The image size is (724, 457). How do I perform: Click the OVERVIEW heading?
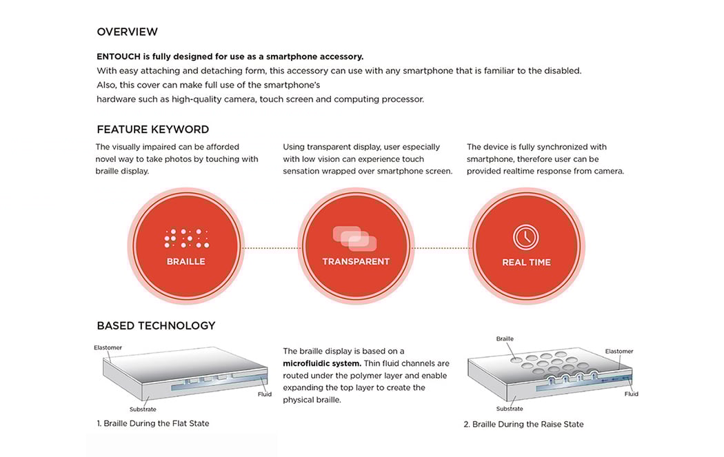pos(127,32)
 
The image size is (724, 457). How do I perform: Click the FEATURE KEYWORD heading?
pos(152,130)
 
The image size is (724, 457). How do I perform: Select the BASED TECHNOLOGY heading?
pos(156,326)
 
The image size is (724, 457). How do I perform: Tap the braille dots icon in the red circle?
pos(186,238)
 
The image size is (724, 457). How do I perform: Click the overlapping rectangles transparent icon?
pos(355,238)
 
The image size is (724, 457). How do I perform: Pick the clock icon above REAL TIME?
pos(526,237)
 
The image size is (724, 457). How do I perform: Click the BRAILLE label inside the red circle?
pos(186,262)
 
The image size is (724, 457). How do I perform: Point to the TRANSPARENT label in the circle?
pos(356,262)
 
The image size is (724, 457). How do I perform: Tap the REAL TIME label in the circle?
pos(526,263)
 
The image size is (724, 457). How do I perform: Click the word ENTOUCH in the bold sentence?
pos(119,57)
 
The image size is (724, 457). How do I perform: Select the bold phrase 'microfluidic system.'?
pos(321,363)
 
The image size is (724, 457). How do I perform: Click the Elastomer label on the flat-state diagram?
pos(108,347)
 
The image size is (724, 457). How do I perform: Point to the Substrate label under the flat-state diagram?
pos(143,409)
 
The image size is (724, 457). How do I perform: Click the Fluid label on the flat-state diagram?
pos(265,395)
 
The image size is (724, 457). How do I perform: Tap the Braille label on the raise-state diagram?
pos(505,339)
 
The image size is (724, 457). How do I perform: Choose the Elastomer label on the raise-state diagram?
pos(619,352)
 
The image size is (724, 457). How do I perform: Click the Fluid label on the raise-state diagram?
pos(631,394)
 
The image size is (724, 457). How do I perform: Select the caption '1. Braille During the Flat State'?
pos(152,423)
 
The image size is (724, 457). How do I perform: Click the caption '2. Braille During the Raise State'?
pos(523,425)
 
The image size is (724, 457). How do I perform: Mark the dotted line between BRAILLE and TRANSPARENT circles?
pos(271,248)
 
